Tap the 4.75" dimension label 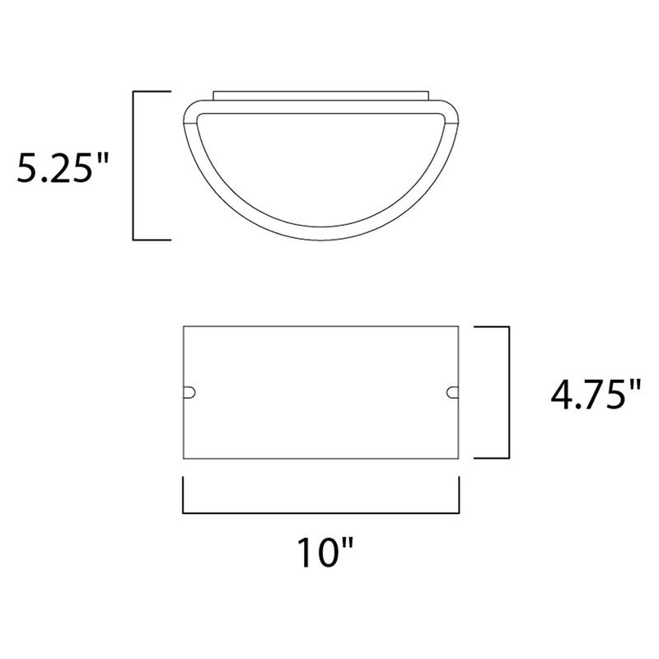coord(596,395)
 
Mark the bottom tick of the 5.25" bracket coord(152,240)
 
